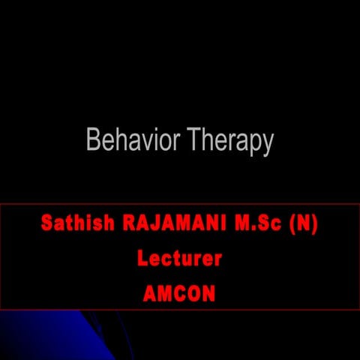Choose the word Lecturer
(x=179, y=259)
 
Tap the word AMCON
(x=179, y=294)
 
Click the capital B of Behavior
(x=93, y=140)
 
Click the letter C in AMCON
(x=179, y=294)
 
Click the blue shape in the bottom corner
(x=45, y=337)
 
